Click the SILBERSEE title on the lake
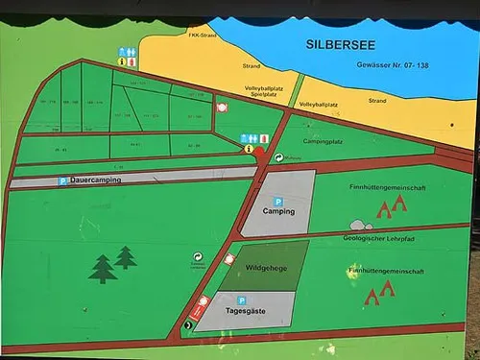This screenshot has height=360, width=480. [341, 44]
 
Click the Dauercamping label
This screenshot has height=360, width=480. [101, 180]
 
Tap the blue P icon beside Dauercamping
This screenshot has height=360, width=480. [64, 180]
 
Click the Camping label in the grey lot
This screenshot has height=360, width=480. [278, 211]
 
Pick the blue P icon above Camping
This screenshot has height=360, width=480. [278, 201]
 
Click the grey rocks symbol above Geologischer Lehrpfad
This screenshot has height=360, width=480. [359, 226]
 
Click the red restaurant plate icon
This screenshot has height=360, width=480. [223, 108]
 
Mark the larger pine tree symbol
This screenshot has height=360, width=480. [103, 269]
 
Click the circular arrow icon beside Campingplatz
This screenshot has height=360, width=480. [278, 157]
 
